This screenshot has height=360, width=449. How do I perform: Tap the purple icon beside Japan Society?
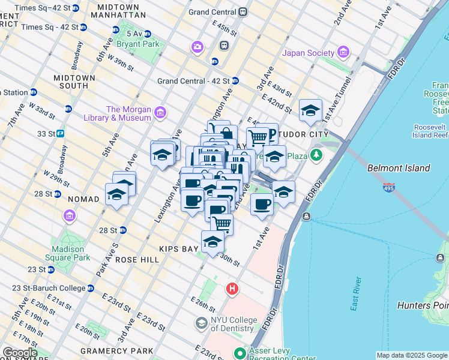coord(343,53)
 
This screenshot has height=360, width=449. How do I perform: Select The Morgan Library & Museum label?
coord(128,113)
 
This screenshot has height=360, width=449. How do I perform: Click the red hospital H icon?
coord(232,290)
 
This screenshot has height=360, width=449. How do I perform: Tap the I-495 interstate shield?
coord(389,188)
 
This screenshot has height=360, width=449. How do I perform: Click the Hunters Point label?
coord(423,305)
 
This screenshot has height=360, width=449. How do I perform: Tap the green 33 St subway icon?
coord(61,133)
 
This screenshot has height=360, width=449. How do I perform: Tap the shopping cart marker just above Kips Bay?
coord(221,224)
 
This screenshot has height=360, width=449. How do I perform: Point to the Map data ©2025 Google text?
coord(412,355)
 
